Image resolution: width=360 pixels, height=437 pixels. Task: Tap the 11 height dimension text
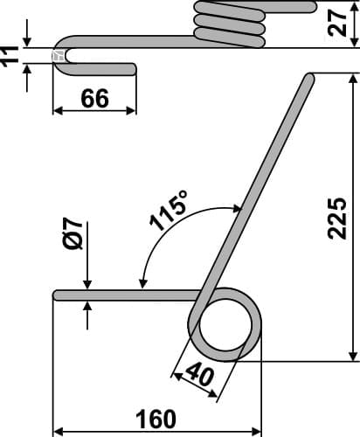point(11,54)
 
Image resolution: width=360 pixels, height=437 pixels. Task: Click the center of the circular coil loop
point(225,325)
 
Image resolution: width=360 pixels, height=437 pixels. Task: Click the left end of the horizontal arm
point(57,295)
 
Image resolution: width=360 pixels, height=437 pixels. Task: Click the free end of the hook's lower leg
point(135,68)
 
